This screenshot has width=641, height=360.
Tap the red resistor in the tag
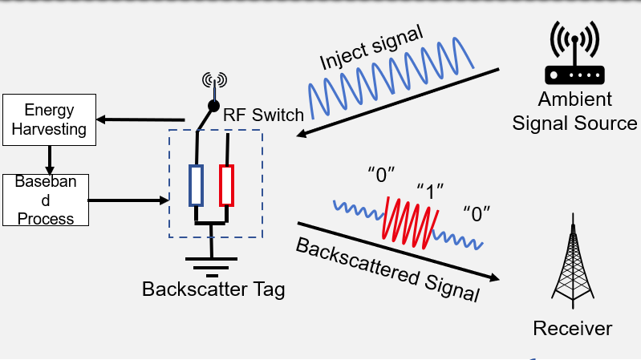[x=228, y=185]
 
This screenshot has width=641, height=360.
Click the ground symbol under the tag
[x=211, y=261]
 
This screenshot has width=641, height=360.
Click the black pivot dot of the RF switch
[x=213, y=106]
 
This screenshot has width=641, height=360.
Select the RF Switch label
[x=263, y=115]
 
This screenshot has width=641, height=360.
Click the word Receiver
[x=572, y=328]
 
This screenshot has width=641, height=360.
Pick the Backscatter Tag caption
[x=213, y=289]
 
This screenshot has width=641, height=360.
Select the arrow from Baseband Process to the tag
[x=128, y=199]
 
